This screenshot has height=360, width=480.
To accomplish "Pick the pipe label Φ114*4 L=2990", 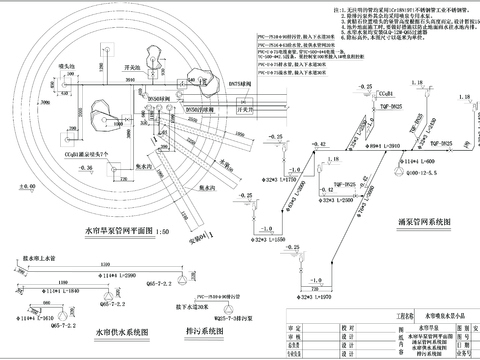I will (115, 273).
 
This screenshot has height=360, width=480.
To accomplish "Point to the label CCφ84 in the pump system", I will (385, 91).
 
